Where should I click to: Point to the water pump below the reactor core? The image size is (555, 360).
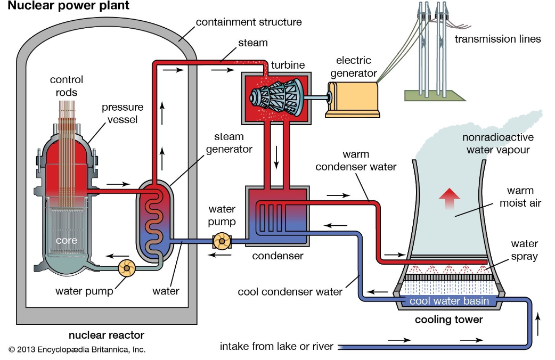point(128,268)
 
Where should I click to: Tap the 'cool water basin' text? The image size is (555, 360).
point(448,301)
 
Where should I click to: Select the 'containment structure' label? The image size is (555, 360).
point(249,22)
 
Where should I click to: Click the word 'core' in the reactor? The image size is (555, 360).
point(67,240)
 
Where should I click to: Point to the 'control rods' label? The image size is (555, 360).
point(67,86)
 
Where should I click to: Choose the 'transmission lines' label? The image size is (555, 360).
point(497,39)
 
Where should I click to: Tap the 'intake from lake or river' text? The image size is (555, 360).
point(276,347)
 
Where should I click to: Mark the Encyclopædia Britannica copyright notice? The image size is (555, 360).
point(77,349)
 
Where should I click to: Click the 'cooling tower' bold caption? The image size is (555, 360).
point(448,320)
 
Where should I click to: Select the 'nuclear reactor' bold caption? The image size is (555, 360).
point(107,335)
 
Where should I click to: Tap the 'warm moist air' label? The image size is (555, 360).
point(520,197)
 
